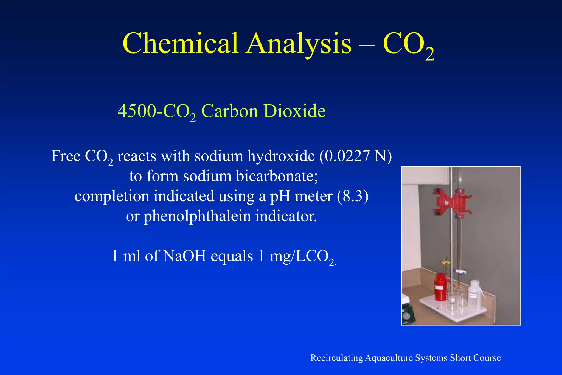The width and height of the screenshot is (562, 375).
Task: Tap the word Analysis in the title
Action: (299, 44)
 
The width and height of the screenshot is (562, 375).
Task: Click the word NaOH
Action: (184, 256)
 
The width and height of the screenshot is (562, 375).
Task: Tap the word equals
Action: (232, 256)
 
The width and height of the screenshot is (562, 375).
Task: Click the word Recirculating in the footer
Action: (337, 358)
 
